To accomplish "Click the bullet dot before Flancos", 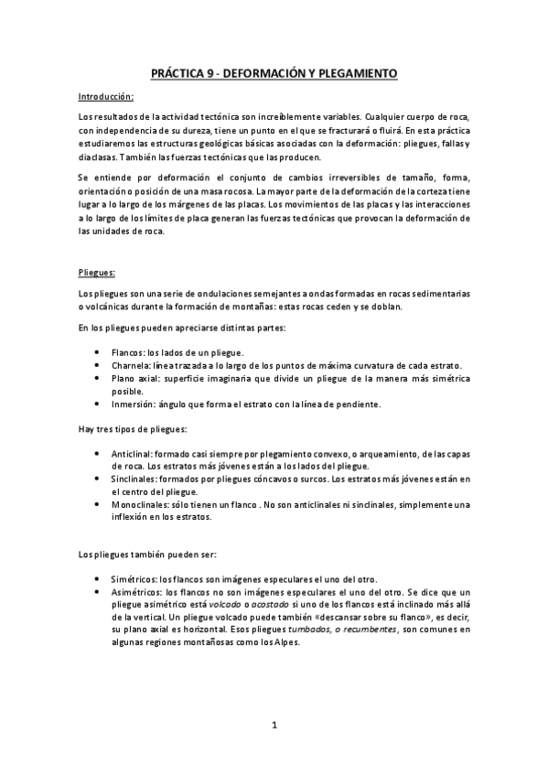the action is [x=98, y=353].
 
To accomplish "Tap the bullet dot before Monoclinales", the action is [x=98, y=505].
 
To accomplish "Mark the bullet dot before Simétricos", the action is [x=98, y=580].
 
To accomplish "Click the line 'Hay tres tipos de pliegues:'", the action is [x=128, y=430].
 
